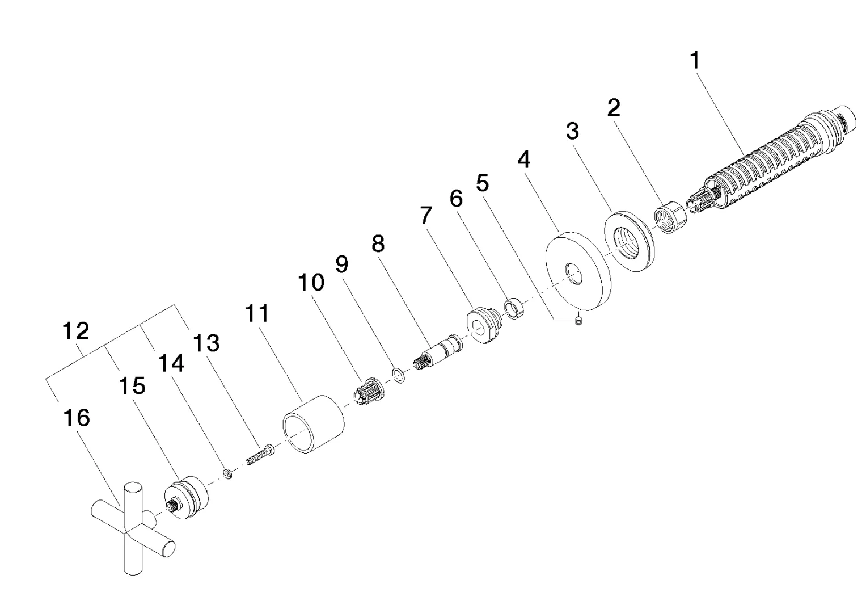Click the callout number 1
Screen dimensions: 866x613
(x=695, y=61)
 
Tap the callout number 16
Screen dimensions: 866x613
(x=77, y=418)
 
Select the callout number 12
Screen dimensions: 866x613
(x=76, y=331)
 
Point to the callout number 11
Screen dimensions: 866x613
(x=257, y=313)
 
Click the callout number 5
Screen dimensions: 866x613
(x=482, y=182)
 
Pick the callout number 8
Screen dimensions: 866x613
(x=378, y=243)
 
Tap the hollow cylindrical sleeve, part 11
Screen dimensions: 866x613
(x=314, y=423)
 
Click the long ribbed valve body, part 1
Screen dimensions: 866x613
(x=770, y=161)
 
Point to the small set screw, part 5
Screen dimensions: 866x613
(x=578, y=321)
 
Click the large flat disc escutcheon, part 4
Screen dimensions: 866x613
(x=578, y=271)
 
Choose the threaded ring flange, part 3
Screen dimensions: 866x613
(x=630, y=241)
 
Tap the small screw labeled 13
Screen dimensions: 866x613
(x=260, y=455)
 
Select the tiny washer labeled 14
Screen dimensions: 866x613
(x=229, y=473)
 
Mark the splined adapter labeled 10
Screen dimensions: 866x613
(x=368, y=391)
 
